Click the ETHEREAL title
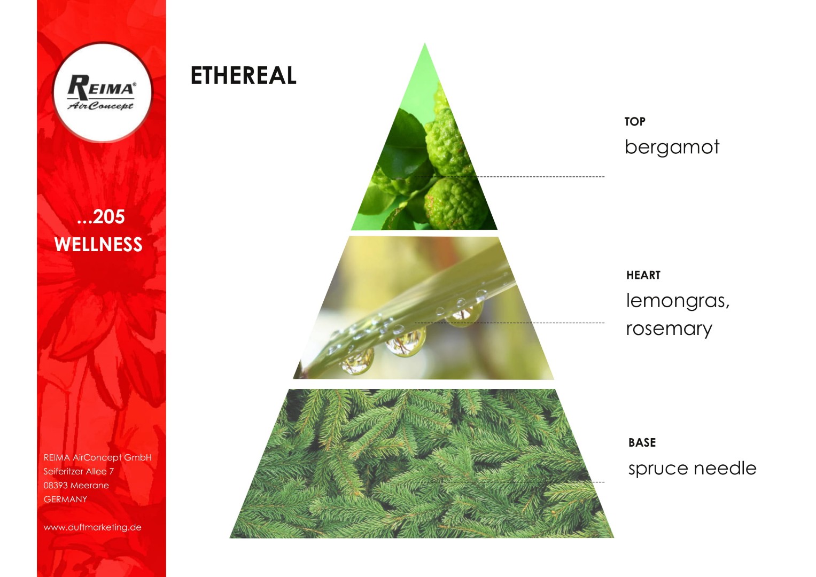[x=243, y=75]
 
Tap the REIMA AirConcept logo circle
[x=103, y=92]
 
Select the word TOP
[x=635, y=121]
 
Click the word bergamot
[x=672, y=147]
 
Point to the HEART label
[x=643, y=275]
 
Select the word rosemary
[x=669, y=329]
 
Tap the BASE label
[x=642, y=442]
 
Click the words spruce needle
[x=692, y=469]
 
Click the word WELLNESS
[x=98, y=244]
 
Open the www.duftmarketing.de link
[x=92, y=527]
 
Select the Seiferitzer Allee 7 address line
[x=79, y=471]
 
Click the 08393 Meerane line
[x=76, y=485]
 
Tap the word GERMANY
[x=65, y=500]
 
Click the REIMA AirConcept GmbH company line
[x=98, y=457]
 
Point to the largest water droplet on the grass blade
[x=406, y=342]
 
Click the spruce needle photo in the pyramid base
[x=422, y=464]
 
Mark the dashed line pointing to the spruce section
[x=510, y=482]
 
